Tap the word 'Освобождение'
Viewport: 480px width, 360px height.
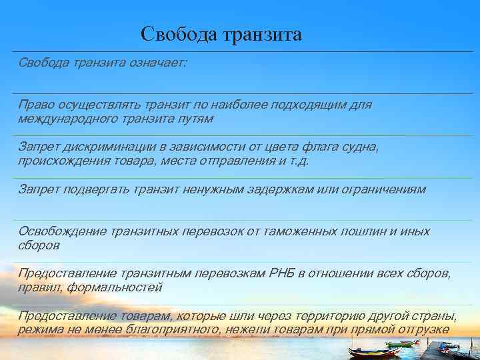click(59, 231)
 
